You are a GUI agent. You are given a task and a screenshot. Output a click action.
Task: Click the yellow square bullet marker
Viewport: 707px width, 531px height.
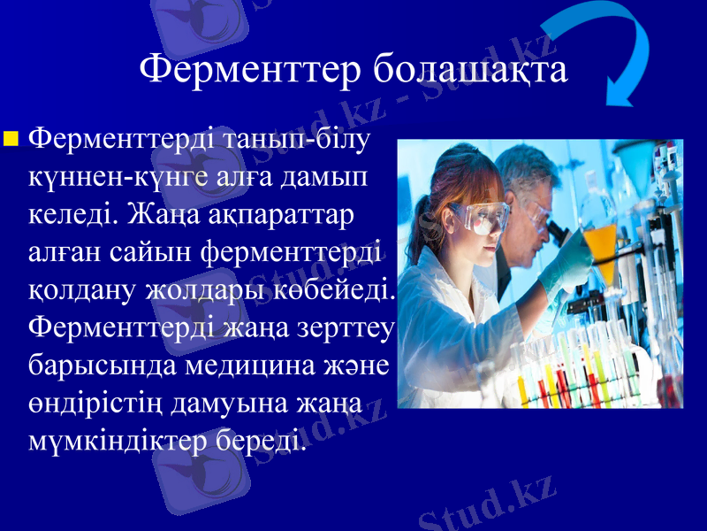coord(11,138)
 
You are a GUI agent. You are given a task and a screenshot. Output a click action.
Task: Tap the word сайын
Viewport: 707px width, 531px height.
coord(154,251)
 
